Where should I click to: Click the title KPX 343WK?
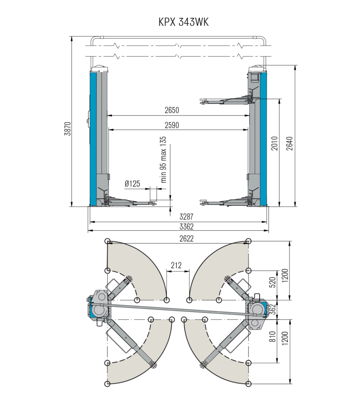[183, 22]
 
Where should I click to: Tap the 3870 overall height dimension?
[68, 129]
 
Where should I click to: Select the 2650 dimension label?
[172, 110]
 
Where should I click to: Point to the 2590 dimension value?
[172, 125]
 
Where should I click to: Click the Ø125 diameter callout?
[132, 184]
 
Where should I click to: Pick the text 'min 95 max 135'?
[163, 159]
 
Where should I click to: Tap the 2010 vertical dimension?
[274, 143]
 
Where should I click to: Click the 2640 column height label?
[289, 144]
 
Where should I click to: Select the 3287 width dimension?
[186, 217]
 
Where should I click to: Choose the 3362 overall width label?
[186, 227]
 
